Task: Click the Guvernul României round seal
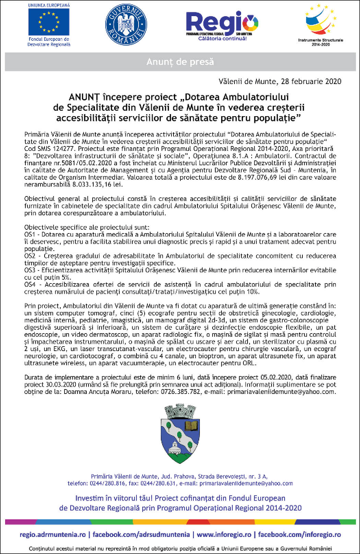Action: [x=126, y=25]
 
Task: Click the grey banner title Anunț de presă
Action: [x=180, y=62]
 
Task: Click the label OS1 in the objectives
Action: [x=29, y=234]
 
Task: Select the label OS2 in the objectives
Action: [x=29, y=256]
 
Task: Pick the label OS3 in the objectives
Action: [x=29, y=270]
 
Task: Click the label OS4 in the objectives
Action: [x=29, y=285]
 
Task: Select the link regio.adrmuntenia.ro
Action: [x=53, y=534]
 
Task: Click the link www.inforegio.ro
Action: [x=224, y=534]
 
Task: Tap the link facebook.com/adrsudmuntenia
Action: [x=141, y=534]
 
